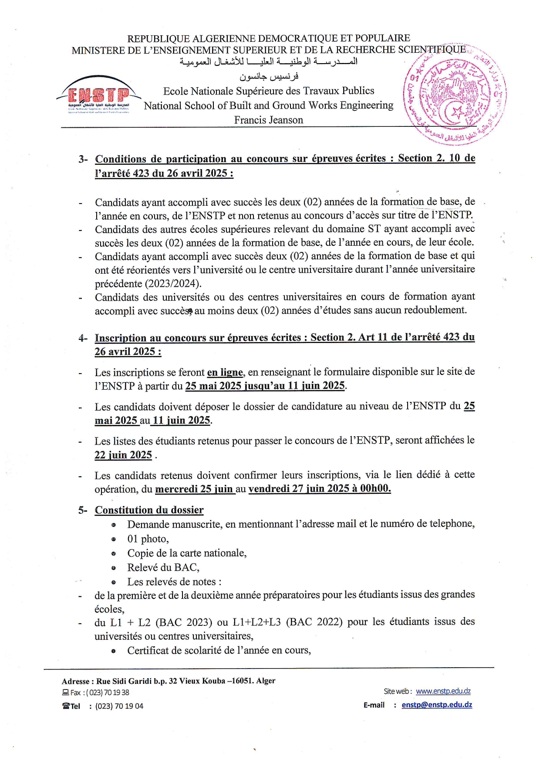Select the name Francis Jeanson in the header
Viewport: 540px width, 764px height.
point(268,120)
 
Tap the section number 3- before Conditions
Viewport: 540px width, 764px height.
point(83,159)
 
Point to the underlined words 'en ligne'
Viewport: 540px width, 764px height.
point(225,372)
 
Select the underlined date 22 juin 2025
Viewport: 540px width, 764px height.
point(123,455)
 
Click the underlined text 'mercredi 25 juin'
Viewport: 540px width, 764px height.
point(194,489)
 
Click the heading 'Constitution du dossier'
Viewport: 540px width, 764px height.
point(149,510)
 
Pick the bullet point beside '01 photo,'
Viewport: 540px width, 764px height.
point(114,539)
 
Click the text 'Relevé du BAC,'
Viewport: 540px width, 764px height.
point(163,567)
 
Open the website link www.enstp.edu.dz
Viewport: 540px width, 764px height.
point(443,691)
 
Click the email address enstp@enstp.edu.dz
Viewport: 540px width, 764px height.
point(437,705)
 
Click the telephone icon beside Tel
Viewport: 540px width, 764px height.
point(66,706)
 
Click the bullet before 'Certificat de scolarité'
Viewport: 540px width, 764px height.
point(114,651)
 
